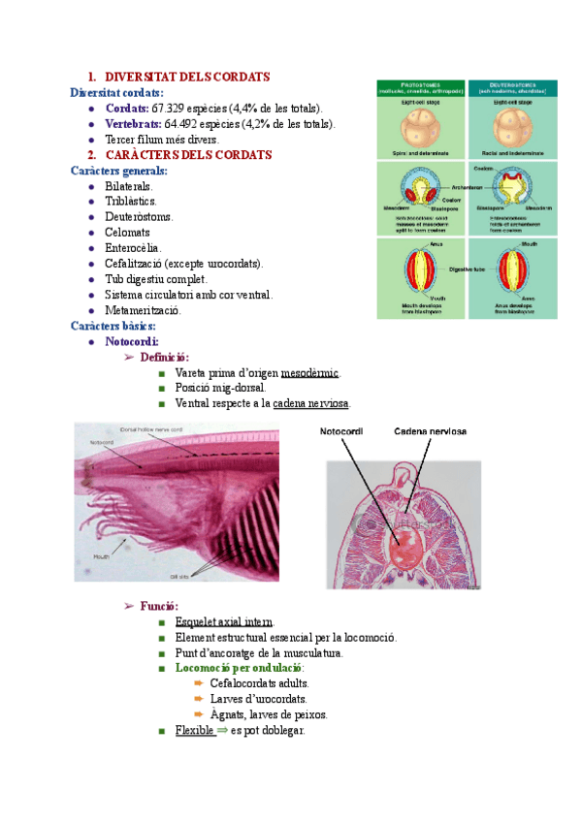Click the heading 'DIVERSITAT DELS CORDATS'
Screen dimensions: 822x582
186,77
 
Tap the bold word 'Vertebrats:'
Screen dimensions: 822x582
133,124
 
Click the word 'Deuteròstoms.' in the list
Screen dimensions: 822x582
140,217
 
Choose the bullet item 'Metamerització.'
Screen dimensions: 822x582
143,310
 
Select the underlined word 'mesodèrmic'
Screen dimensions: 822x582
310,372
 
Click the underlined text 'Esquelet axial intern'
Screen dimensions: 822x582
225,622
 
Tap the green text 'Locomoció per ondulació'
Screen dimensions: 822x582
239,669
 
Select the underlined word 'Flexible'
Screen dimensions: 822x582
195,731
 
